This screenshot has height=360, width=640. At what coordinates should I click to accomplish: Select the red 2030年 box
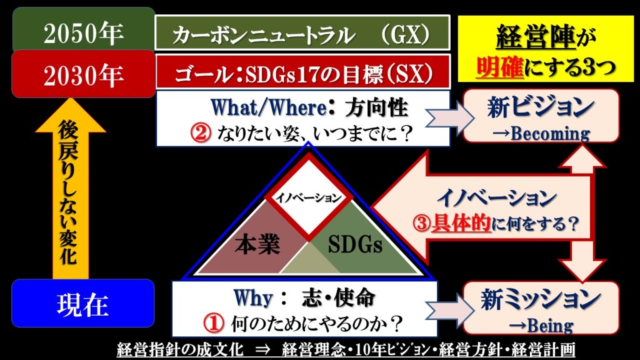click(x=84, y=74)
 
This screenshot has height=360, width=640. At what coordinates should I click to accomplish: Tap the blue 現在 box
click(x=83, y=304)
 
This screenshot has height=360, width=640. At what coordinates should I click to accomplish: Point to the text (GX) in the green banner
click(x=405, y=34)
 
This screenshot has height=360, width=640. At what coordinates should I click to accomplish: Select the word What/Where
click(x=269, y=107)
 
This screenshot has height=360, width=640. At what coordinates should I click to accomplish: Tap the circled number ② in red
click(x=201, y=133)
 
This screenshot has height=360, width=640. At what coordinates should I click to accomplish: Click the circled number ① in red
click(x=214, y=323)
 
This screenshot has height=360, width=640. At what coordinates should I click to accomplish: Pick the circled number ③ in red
click(x=421, y=224)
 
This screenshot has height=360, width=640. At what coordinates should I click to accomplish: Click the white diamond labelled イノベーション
click(x=309, y=197)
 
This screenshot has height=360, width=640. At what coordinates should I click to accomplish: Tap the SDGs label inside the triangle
click(x=355, y=244)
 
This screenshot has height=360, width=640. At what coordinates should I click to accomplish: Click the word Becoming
click(x=550, y=134)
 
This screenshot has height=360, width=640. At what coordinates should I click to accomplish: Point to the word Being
click(x=550, y=326)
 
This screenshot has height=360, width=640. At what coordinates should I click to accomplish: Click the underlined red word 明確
click(x=500, y=66)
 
